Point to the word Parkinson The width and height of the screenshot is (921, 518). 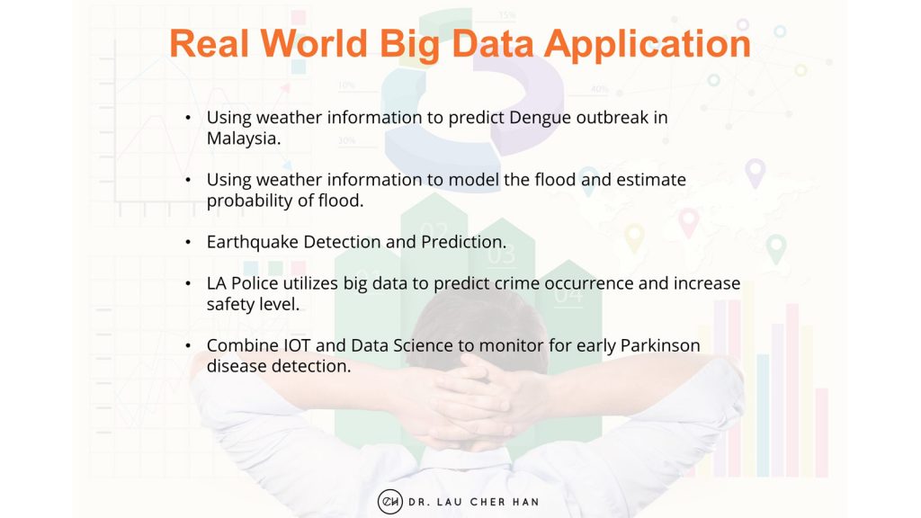pos(660,346)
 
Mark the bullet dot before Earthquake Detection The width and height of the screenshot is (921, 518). pos(187,243)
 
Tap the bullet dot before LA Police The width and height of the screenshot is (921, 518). pos(187,284)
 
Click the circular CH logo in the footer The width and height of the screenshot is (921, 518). pos(389,501)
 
